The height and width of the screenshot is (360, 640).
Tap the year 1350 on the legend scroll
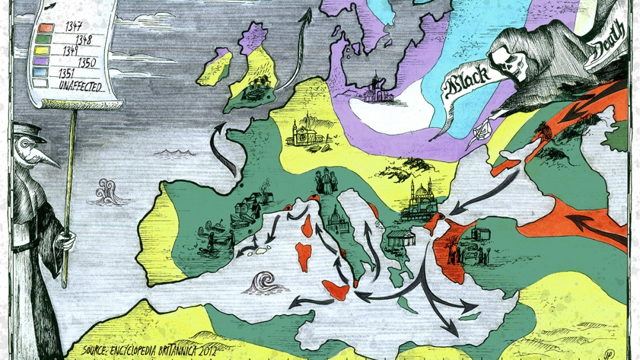tap(87, 62)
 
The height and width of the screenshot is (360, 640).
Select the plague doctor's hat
tap(29, 132)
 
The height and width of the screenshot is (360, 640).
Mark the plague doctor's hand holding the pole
tap(65, 241)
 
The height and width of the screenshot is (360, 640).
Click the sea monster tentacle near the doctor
tap(105, 192)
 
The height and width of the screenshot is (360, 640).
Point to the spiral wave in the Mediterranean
tap(263, 281)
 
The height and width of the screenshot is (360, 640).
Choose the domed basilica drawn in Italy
tap(337, 222)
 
